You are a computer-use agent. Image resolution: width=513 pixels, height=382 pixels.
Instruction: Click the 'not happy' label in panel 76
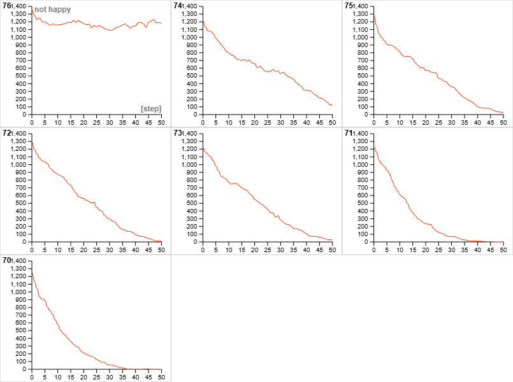pyautogui.click(x=52, y=10)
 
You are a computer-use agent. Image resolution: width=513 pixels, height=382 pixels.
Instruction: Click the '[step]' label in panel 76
pyautogui.click(x=151, y=108)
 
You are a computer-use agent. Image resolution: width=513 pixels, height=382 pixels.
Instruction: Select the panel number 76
pyautogui.click(x=7, y=6)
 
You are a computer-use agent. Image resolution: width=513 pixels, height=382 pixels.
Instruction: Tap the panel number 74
pyautogui.click(x=178, y=6)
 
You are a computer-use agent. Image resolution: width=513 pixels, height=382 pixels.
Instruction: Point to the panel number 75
pyautogui.click(x=349, y=6)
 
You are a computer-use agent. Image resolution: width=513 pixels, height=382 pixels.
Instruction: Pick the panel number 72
pyautogui.click(x=7, y=133)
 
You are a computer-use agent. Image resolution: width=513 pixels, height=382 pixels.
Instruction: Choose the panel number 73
pyautogui.click(x=178, y=133)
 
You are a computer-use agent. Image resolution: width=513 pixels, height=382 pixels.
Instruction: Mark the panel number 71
pyautogui.click(x=349, y=133)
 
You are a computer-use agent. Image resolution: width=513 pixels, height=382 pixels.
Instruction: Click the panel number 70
pyautogui.click(x=7, y=260)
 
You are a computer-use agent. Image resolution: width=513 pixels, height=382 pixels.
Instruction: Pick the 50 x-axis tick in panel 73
pyautogui.click(x=332, y=250)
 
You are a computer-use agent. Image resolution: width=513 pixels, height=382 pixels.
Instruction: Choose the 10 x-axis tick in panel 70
pyautogui.click(x=58, y=377)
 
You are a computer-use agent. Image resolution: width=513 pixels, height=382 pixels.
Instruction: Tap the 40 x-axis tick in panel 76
pyautogui.click(x=135, y=122)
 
